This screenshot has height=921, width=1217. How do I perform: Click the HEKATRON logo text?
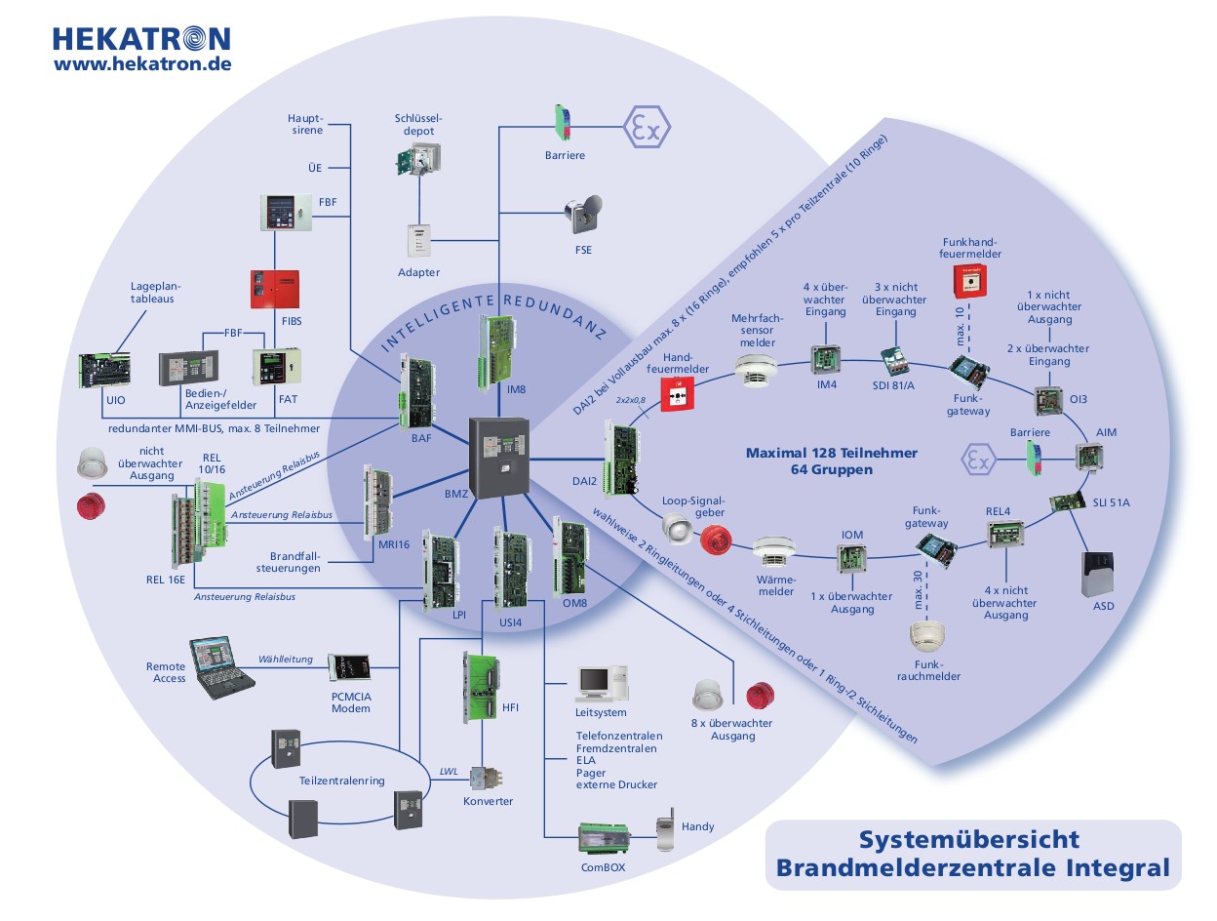click(141, 38)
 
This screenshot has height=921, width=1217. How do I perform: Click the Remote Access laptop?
click(215, 666)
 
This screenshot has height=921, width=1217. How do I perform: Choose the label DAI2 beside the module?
click(583, 481)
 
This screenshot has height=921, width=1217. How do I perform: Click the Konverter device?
click(487, 779)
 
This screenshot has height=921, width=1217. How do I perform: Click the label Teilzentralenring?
click(341, 780)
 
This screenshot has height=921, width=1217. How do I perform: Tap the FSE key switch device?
click(582, 216)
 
